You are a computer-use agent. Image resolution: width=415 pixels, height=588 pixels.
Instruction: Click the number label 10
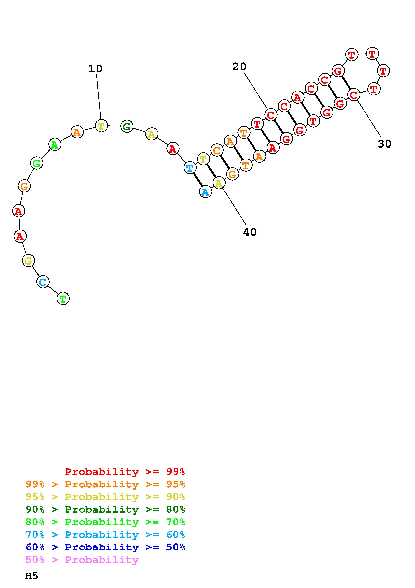pyautogui.click(x=95, y=69)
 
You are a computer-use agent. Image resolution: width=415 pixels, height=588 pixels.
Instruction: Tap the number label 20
pyautogui.click(x=239, y=67)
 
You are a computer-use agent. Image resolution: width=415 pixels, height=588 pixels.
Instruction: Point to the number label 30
pyautogui.click(x=384, y=144)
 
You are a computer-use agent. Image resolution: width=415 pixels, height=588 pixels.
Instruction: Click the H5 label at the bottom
pyautogui.click(x=32, y=576)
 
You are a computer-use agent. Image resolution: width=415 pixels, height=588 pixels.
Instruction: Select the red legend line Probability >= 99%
pyautogui.click(x=125, y=472)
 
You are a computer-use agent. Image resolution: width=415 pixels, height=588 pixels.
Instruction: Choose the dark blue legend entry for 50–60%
pyautogui.click(x=105, y=547)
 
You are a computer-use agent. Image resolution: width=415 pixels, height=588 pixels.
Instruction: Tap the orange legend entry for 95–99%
pyautogui.click(x=105, y=484)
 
